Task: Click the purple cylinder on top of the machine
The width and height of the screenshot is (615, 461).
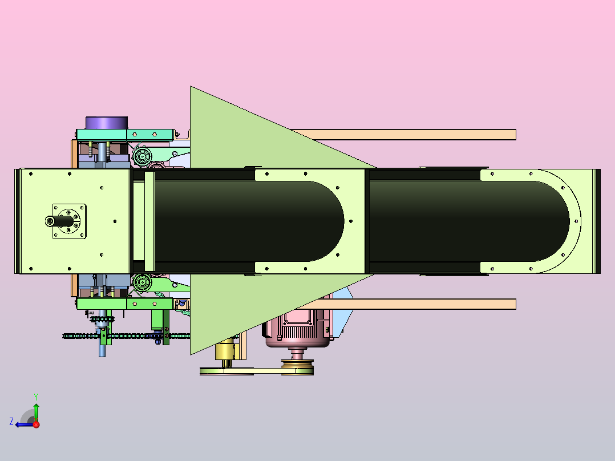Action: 106,123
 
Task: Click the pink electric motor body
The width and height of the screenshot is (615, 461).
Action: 298,328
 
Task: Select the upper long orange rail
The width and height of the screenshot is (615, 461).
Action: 404,135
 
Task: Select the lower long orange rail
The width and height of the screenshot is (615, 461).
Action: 412,304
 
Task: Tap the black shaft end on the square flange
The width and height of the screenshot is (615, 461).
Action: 59,221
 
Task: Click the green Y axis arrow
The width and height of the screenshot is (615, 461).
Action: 36,412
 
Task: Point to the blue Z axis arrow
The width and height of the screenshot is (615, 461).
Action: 25,424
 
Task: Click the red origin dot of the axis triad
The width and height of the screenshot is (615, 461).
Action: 36,424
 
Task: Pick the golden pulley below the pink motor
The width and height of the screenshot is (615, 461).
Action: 297,367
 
